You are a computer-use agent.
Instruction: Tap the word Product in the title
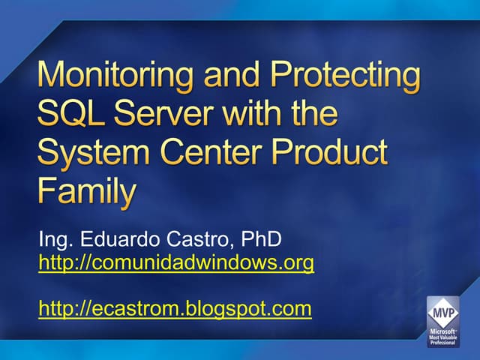point(336,153)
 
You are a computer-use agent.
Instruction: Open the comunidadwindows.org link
point(176,263)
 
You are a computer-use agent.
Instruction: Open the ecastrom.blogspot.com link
point(175,308)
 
